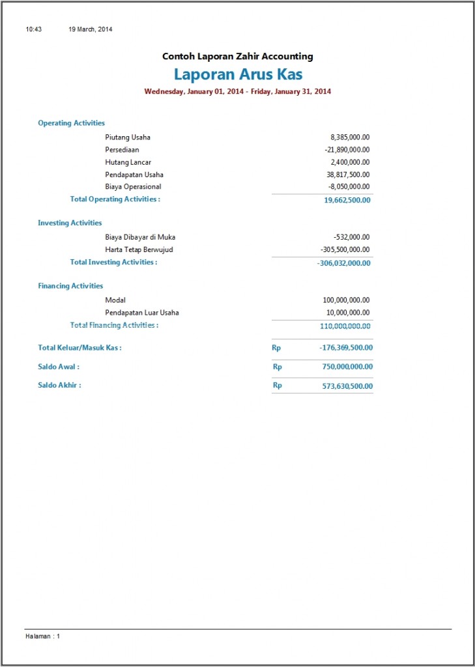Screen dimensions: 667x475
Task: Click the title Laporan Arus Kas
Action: [x=238, y=74]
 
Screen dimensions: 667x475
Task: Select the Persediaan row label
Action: [x=122, y=150]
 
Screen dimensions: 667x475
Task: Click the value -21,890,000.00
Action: [x=347, y=150]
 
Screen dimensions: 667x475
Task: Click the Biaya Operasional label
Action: [x=133, y=187]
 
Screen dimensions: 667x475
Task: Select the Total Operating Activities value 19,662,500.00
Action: [x=347, y=200]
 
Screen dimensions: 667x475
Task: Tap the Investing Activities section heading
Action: [x=70, y=223]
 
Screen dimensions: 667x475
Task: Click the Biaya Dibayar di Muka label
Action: [x=140, y=237]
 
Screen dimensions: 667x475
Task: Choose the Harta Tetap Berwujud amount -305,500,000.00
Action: [x=345, y=249]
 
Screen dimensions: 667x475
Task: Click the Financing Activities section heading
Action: [x=70, y=286]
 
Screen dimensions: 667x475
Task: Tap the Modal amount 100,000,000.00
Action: [x=346, y=300]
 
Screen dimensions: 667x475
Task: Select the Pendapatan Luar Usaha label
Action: [x=142, y=313]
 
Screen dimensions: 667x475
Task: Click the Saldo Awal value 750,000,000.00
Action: [x=347, y=367]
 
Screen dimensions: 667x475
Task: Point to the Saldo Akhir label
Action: [x=59, y=385]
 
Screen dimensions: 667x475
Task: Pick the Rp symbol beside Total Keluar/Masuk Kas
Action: [x=276, y=348]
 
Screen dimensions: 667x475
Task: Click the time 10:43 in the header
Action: [x=34, y=29]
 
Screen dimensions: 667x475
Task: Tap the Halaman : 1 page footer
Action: [x=42, y=636]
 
